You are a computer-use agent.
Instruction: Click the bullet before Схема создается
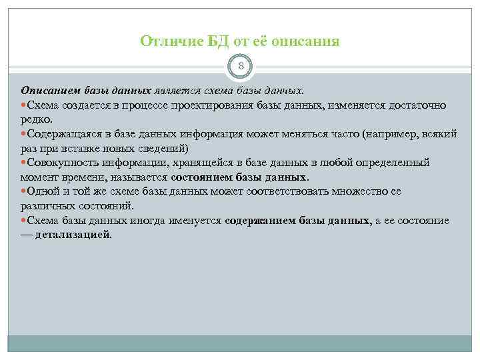[x=24, y=105]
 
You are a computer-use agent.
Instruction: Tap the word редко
[x=35, y=119]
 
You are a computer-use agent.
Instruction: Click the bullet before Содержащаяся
[x=24, y=133]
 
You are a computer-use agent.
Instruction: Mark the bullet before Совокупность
[x=24, y=163]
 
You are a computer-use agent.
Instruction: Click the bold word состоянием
[x=204, y=177]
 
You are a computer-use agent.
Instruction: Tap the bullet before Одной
[x=24, y=191]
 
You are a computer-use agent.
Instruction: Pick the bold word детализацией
[x=73, y=235]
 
